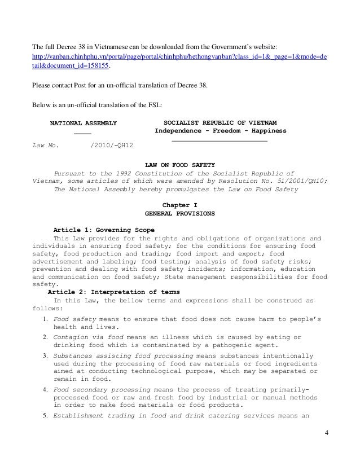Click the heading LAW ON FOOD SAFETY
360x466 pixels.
pos(179,165)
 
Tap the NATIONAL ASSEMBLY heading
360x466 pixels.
pos(84,122)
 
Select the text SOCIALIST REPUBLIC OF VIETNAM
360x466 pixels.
pos(219,122)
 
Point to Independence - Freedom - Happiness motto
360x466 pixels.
pos(221,131)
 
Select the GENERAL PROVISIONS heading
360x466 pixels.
pos(179,215)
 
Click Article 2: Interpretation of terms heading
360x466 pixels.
pos(113,292)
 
